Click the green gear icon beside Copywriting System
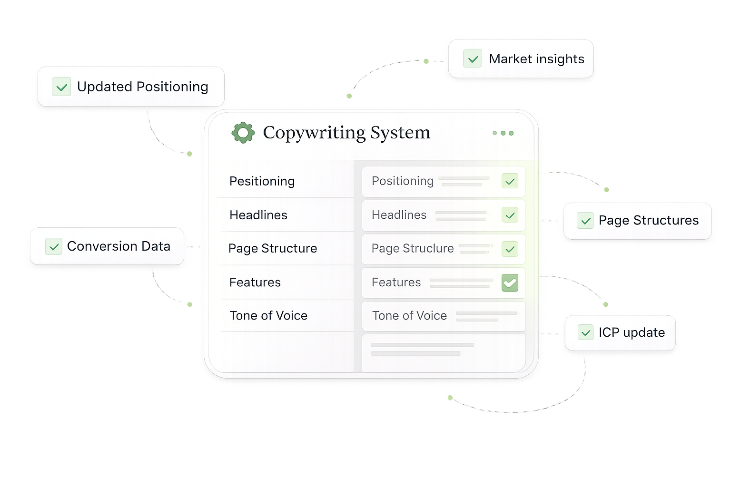pyautogui.click(x=243, y=133)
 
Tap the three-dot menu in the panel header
pyautogui.click(x=503, y=133)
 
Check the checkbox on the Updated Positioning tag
pyautogui.click(x=61, y=87)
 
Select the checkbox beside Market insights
pyautogui.click(x=473, y=58)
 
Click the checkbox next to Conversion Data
pyautogui.click(x=54, y=246)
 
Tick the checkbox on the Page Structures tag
pyautogui.click(x=585, y=221)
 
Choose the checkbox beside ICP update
pyautogui.click(x=585, y=332)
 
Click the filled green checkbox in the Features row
pyautogui.click(x=510, y=283)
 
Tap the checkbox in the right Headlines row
pyautogui.click(x=510, y=215)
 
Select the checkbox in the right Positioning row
pyautogui.click(x=510, y=181)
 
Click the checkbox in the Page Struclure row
pyautogui.click(x=510, y=249)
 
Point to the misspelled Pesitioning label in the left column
pyautogui.click(x=262, y=181)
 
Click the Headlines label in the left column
pyautogui.click(x=258, y=215)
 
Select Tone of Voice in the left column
pyautogui.click(x=268, y=316)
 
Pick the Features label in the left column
pyautogui.click(x=255, y=282)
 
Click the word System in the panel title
pyautogui.click(x=400, y=133)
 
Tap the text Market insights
pyautogui.click(x=536, y=59)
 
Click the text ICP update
pyautogui.click(x=632, y=332)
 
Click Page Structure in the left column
pyautogui.click(x=273, y=248)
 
